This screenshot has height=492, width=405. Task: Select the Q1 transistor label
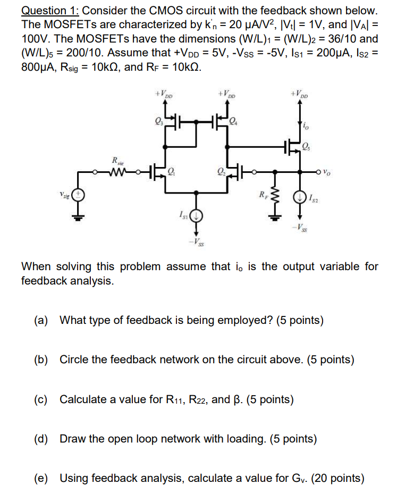click(171, 171)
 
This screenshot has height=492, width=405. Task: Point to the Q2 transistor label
click(221, 171)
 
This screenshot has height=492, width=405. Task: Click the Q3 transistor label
click(158, 120)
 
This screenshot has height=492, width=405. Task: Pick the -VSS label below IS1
click(197, 243)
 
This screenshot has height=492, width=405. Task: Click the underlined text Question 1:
click(50, 10)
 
